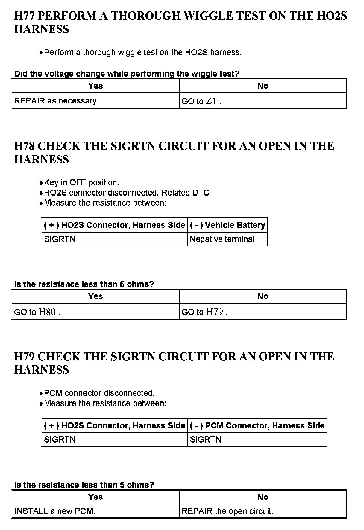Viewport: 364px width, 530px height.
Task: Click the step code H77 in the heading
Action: pyautogui.click(x=25, y=16)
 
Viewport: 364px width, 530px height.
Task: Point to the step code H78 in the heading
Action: pyautogui.click(x=25, y=146)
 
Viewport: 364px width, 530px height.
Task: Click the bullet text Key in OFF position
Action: pyautogui.click(x=81, y=183)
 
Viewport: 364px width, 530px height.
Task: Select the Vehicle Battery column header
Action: pyautogui.click(x=227, y=225)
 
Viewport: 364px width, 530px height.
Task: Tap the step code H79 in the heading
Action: pyautogui.click(x=25, y=357)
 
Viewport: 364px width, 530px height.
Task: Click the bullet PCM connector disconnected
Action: pyautogui.click(x=99, y=393)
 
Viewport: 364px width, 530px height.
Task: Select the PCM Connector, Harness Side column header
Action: pyautogui.click(x=257, y=425)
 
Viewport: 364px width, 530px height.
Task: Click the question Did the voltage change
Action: pyautogui.click(x=127, y=74)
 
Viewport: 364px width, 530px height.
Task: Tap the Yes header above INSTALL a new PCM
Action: pyautogui.click(x=95, y=497)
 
